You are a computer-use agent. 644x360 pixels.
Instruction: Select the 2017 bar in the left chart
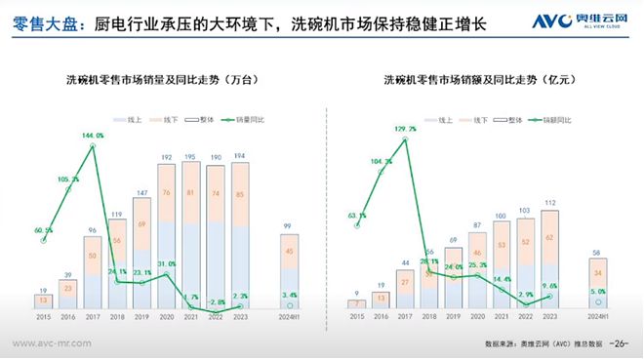[94, 273]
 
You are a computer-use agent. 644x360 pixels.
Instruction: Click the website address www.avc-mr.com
[50, 344]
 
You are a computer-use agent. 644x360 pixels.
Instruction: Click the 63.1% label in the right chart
[358, 216]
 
